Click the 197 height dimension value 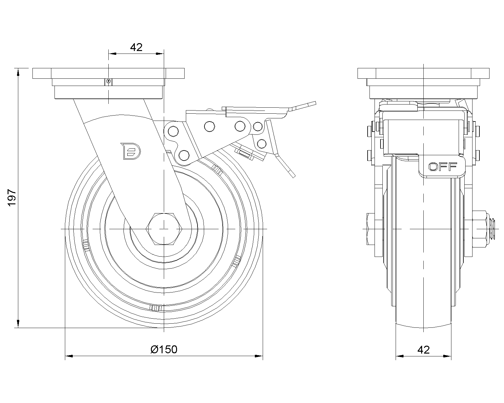click(12, 198)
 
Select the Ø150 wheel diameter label click(164, 349)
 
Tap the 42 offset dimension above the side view click(136, 48)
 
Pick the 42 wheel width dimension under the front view click(423, 349)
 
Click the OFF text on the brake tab click(443, 167)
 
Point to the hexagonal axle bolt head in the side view click(164, 228)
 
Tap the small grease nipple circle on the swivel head click(108, 82)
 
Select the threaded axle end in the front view click(493, 228)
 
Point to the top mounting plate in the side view click(108, 73)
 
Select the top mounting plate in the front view click(423, 73)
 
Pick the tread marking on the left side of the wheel click(86, 245)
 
